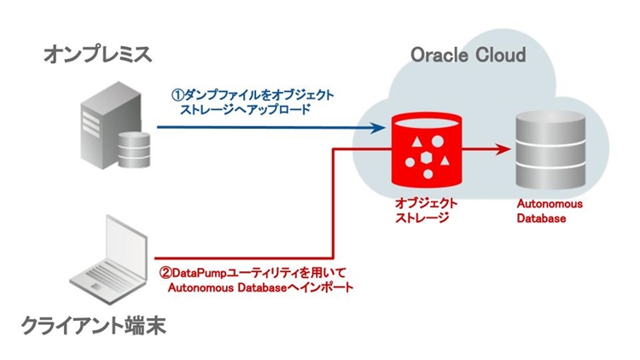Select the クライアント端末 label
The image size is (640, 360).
coord(96,326)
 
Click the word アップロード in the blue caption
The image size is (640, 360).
coord(281,110)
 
